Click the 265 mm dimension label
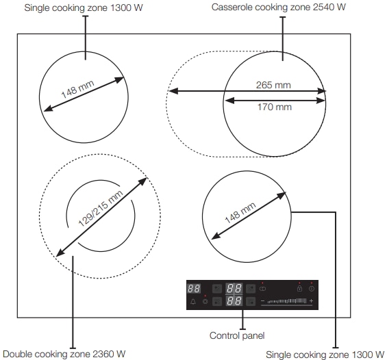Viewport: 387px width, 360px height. (273, 85)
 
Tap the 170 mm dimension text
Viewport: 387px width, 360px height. (275, 107)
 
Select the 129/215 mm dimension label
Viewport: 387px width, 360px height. (101, 208)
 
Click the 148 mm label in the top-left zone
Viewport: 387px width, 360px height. (77, 89)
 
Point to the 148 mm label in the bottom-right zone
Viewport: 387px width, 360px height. (240, 213)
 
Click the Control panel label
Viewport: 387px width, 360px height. (237, 335)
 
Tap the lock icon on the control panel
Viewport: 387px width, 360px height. (299, 288)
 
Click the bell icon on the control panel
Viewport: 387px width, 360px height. (193, 301)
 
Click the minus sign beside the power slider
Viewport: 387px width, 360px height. (262, 301)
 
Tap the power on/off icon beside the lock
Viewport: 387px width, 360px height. (312, 289)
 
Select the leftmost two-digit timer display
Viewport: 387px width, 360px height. (194, 289)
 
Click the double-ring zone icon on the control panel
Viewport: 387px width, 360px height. (262, 289)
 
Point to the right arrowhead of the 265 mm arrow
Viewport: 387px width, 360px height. (322, 91)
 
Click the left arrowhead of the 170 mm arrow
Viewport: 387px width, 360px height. (229, 101)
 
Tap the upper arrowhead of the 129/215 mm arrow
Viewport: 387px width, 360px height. (142, 181)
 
